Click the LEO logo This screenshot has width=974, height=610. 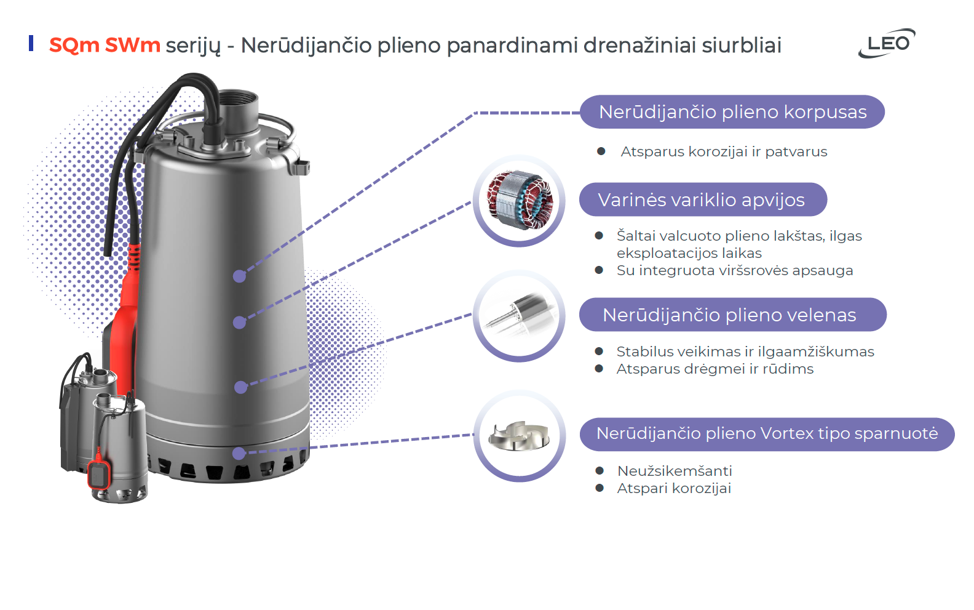click(887, 43)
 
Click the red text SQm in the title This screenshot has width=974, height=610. click(74, 46)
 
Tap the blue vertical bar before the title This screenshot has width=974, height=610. click(31, 43)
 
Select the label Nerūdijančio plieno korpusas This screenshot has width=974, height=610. click(732, 112)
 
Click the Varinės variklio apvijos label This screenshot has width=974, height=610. click(703, 200)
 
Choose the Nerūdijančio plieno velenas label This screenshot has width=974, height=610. click(733, 315)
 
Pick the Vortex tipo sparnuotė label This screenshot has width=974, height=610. click(767, 434)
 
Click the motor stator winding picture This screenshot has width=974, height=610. click(519, 200)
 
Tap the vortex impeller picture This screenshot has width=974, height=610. click(519, 435)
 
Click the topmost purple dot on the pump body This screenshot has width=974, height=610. click(240, 276)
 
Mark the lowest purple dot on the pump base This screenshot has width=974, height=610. click(239, 453)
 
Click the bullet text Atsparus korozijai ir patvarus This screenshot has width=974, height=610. click(724, 151)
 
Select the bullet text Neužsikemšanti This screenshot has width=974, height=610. click(675, 471)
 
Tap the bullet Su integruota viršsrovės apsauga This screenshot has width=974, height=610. click(735, 270)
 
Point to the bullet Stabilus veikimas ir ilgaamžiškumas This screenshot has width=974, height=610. click(745, 351)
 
